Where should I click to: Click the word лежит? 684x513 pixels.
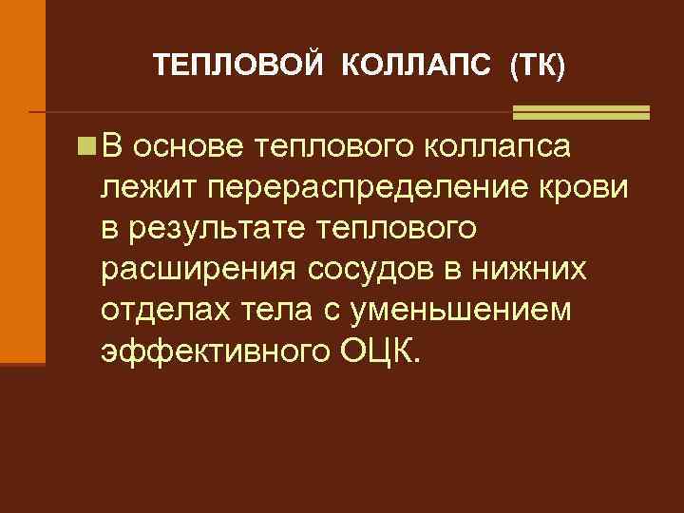pos(142,188)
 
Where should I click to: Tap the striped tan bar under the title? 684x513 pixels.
pos(580,112)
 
